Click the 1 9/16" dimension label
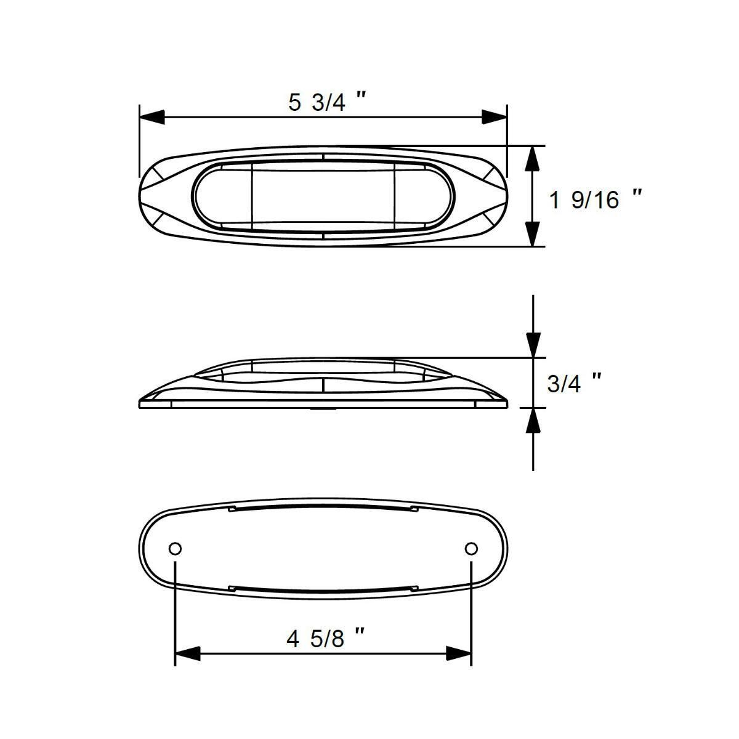(x=595, y=200)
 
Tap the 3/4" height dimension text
(x=573, y=383)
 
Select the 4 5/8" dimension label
(x=327, y=639)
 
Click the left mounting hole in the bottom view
(x=175, y=548)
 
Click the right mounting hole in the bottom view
(x=471, y=548)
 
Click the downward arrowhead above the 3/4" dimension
(x=533, y=345)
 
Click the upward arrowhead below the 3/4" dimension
(x=533, y=420)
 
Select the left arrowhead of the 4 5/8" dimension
(x=187, y=653)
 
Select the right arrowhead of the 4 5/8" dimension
(x=459, y=653)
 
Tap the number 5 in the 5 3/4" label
(x=295, y=102)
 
